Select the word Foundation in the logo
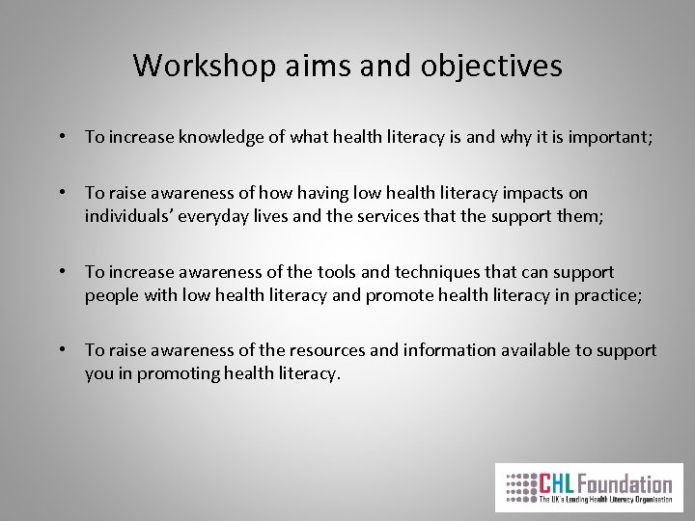click(x=627, y=482)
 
